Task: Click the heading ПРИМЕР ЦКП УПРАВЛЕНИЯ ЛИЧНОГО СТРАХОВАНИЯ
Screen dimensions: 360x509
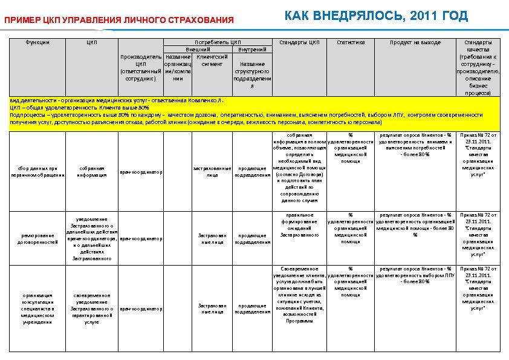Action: pyautogui.click(x=119, y=21)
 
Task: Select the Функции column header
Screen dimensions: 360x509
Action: pyautogui.click(x=38, y=42)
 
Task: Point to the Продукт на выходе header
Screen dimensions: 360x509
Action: pyautogui.click(x=415, y=42)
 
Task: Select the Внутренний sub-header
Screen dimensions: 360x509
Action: pyautogui.click(x=252, y=49)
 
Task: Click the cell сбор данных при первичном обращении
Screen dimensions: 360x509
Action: pyautogui.click(x=38, y=171)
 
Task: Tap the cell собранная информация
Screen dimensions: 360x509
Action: pyautogui.click(x=92, y=171)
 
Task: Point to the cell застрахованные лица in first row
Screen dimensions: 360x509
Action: pyautogui.click(x=212, y=171)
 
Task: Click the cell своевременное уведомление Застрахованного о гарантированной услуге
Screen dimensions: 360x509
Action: pyautogui.click(x=92, y=309)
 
